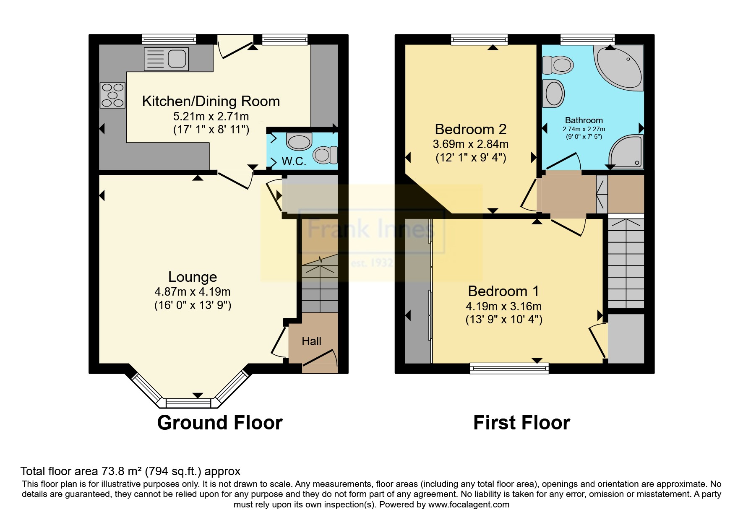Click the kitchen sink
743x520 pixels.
coord(166,59)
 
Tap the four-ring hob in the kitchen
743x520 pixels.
coord(112,95)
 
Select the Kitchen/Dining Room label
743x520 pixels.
coord(211,101)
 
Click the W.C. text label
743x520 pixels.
coord(294,161)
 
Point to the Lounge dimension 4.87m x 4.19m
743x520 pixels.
coord(193,291)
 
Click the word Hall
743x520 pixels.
coord(311,341)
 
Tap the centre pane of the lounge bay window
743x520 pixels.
coord(188,403)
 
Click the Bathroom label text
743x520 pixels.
coord(584,120)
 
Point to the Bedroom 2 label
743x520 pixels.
coord(470,129)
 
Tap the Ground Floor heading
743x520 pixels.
coord(219,423)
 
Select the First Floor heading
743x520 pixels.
coord(521,423)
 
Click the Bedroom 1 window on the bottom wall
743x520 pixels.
coord(509,369)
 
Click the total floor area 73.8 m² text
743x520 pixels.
coord(130,471)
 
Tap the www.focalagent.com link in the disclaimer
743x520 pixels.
coord(469,504)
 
